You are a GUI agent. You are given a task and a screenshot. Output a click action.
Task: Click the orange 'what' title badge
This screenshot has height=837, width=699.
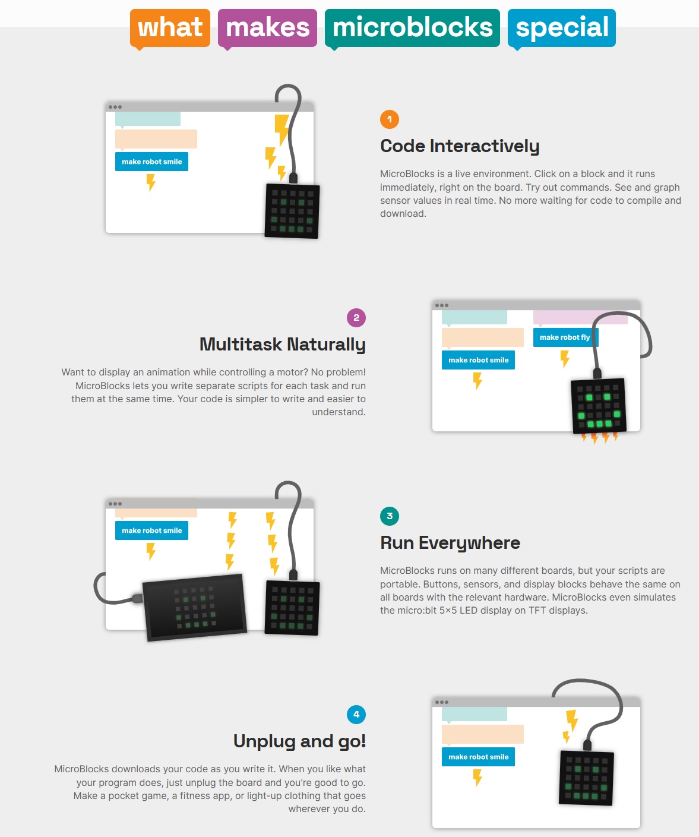point(170,28)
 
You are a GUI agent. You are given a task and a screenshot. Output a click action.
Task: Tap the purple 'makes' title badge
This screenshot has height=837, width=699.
point(267,28)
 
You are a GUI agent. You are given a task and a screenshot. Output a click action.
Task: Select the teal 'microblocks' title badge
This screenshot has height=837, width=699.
point(412,28)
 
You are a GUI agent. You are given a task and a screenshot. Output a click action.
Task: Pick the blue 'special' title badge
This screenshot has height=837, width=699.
point(562,28)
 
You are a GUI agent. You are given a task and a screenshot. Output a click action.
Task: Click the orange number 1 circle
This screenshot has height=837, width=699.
point(390,119)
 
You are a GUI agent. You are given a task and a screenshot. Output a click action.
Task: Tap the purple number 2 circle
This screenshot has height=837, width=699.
point(356,318)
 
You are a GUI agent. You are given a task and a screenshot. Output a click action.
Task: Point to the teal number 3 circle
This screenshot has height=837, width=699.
point(390,516)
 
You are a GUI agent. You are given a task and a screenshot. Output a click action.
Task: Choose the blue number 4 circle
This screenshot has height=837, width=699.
point(356,715)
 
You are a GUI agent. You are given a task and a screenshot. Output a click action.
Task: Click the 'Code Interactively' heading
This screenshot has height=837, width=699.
point(460,146)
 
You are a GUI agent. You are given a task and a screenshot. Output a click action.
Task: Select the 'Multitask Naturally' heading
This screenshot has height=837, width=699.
point(283,345)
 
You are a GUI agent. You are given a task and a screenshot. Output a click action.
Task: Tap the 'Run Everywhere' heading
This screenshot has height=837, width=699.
point(450,543)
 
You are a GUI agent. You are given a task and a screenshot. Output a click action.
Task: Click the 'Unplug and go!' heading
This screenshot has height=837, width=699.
point(299,741)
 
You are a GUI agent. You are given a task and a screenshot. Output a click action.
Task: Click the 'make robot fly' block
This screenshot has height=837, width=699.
point(565,337)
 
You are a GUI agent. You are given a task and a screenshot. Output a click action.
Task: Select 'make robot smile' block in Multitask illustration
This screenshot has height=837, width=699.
point(478,360)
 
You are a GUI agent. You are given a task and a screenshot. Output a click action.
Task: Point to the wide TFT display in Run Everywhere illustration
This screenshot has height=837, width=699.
point(195,607)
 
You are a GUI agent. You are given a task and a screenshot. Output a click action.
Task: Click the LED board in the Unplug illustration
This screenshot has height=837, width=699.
point(586,778)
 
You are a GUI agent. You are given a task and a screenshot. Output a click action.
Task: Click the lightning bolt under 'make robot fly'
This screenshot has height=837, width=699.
point(565,359)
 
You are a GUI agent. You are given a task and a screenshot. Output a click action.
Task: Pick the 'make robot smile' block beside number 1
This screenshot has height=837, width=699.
point(151,162)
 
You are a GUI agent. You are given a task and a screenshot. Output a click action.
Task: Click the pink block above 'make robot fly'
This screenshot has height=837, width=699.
point(580,317)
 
